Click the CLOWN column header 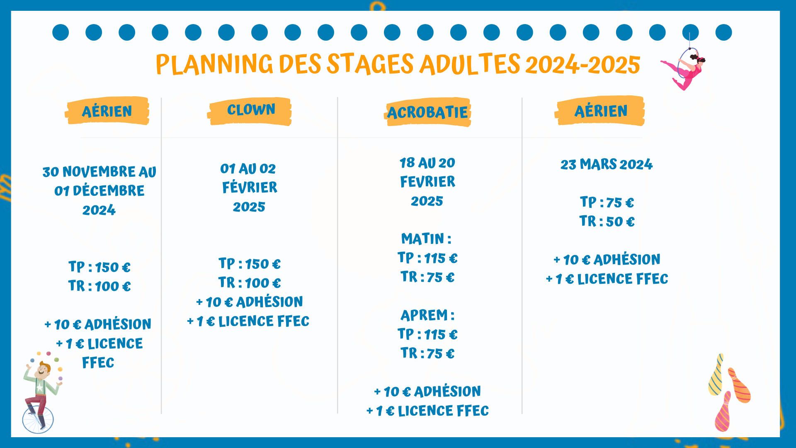click(x=251, y=110)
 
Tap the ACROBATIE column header click(x=427, y=112)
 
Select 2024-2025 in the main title click(x=582, y=65)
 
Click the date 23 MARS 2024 click(x=607, y=164)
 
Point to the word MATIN click(x=422, y=239)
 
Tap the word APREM click(x=424, y=315)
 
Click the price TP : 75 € click(x=607, y=202)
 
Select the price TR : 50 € click(x=607, y=222)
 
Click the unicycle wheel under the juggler click(x=38, y=419)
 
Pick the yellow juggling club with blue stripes click(x=716, y=375)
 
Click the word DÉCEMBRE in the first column click(x=108, y=191)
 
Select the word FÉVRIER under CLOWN click(x=250, y=187)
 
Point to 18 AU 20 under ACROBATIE click(x=427, y=163)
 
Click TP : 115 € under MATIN click(x=427, y=258)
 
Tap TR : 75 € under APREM click(x=427, y=353)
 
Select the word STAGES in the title click(x=370, y=64)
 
